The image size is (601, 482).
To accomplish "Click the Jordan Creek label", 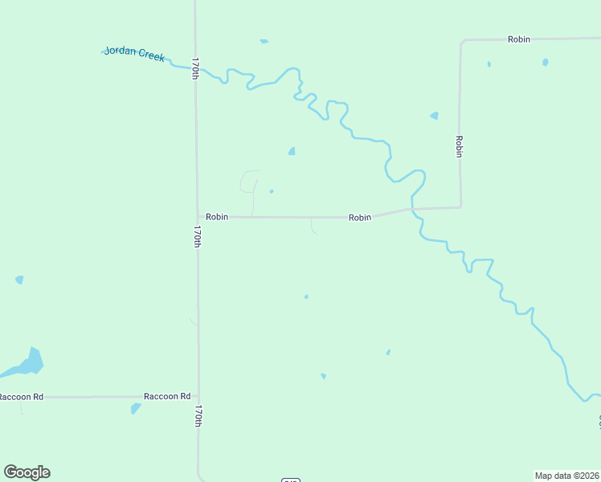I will [134, 55].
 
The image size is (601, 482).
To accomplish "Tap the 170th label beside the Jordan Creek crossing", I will [195, 67].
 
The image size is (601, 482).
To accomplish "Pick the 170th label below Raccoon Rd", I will [198, 415].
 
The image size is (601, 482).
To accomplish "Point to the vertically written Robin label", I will [459, 146].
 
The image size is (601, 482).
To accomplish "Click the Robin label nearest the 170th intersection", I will [217, 217].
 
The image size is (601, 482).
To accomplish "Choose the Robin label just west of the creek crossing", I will [360, 218].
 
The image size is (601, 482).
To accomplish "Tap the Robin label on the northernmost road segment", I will [519, 39].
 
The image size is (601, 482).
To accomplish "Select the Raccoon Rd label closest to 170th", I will [167, 396].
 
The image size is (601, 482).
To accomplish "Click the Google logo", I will [27, 472].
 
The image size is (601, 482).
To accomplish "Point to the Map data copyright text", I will [566, 475].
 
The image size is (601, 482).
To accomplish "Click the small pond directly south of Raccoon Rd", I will [135, 409].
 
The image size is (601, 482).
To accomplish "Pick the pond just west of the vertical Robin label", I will [435, 116].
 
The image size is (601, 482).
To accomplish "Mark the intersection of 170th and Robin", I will [198, 216].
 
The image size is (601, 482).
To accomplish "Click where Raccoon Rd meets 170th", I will [198, 396].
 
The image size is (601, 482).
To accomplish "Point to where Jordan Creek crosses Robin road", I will [412, 210].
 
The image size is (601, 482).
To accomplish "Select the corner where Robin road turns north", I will [460, 207].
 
